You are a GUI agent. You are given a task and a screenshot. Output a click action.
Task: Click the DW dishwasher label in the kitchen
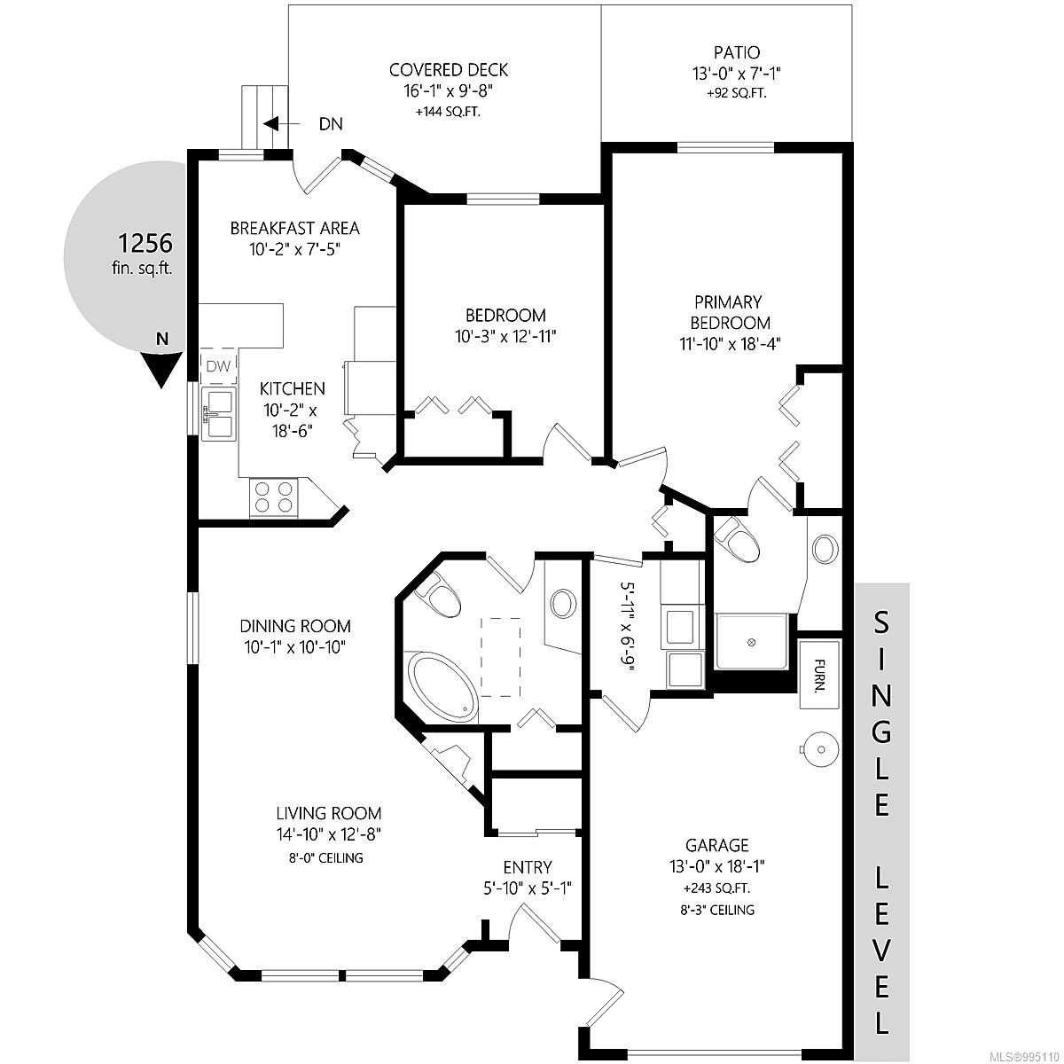219,365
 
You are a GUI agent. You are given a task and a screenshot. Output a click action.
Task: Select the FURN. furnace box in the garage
819,674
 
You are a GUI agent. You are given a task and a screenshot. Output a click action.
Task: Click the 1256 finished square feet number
145,243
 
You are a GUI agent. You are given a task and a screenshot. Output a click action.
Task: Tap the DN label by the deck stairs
331,123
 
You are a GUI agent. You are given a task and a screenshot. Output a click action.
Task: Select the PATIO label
737,53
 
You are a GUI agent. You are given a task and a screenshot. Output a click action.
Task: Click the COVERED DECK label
449,70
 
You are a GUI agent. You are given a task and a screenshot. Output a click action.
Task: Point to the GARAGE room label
716,845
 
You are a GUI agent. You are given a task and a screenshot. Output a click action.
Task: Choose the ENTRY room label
528,867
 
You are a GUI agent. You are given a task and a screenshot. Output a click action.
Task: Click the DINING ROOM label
295,626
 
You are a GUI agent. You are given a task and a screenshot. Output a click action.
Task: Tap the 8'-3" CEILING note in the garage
716,910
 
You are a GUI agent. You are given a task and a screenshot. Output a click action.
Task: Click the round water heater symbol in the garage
820,749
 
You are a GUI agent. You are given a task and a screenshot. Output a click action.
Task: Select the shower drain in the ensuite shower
751,642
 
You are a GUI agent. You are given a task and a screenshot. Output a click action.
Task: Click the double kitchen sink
219,413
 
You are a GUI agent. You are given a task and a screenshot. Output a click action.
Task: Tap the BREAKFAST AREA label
295,228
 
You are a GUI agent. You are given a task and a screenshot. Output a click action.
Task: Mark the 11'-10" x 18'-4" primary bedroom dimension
730,344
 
